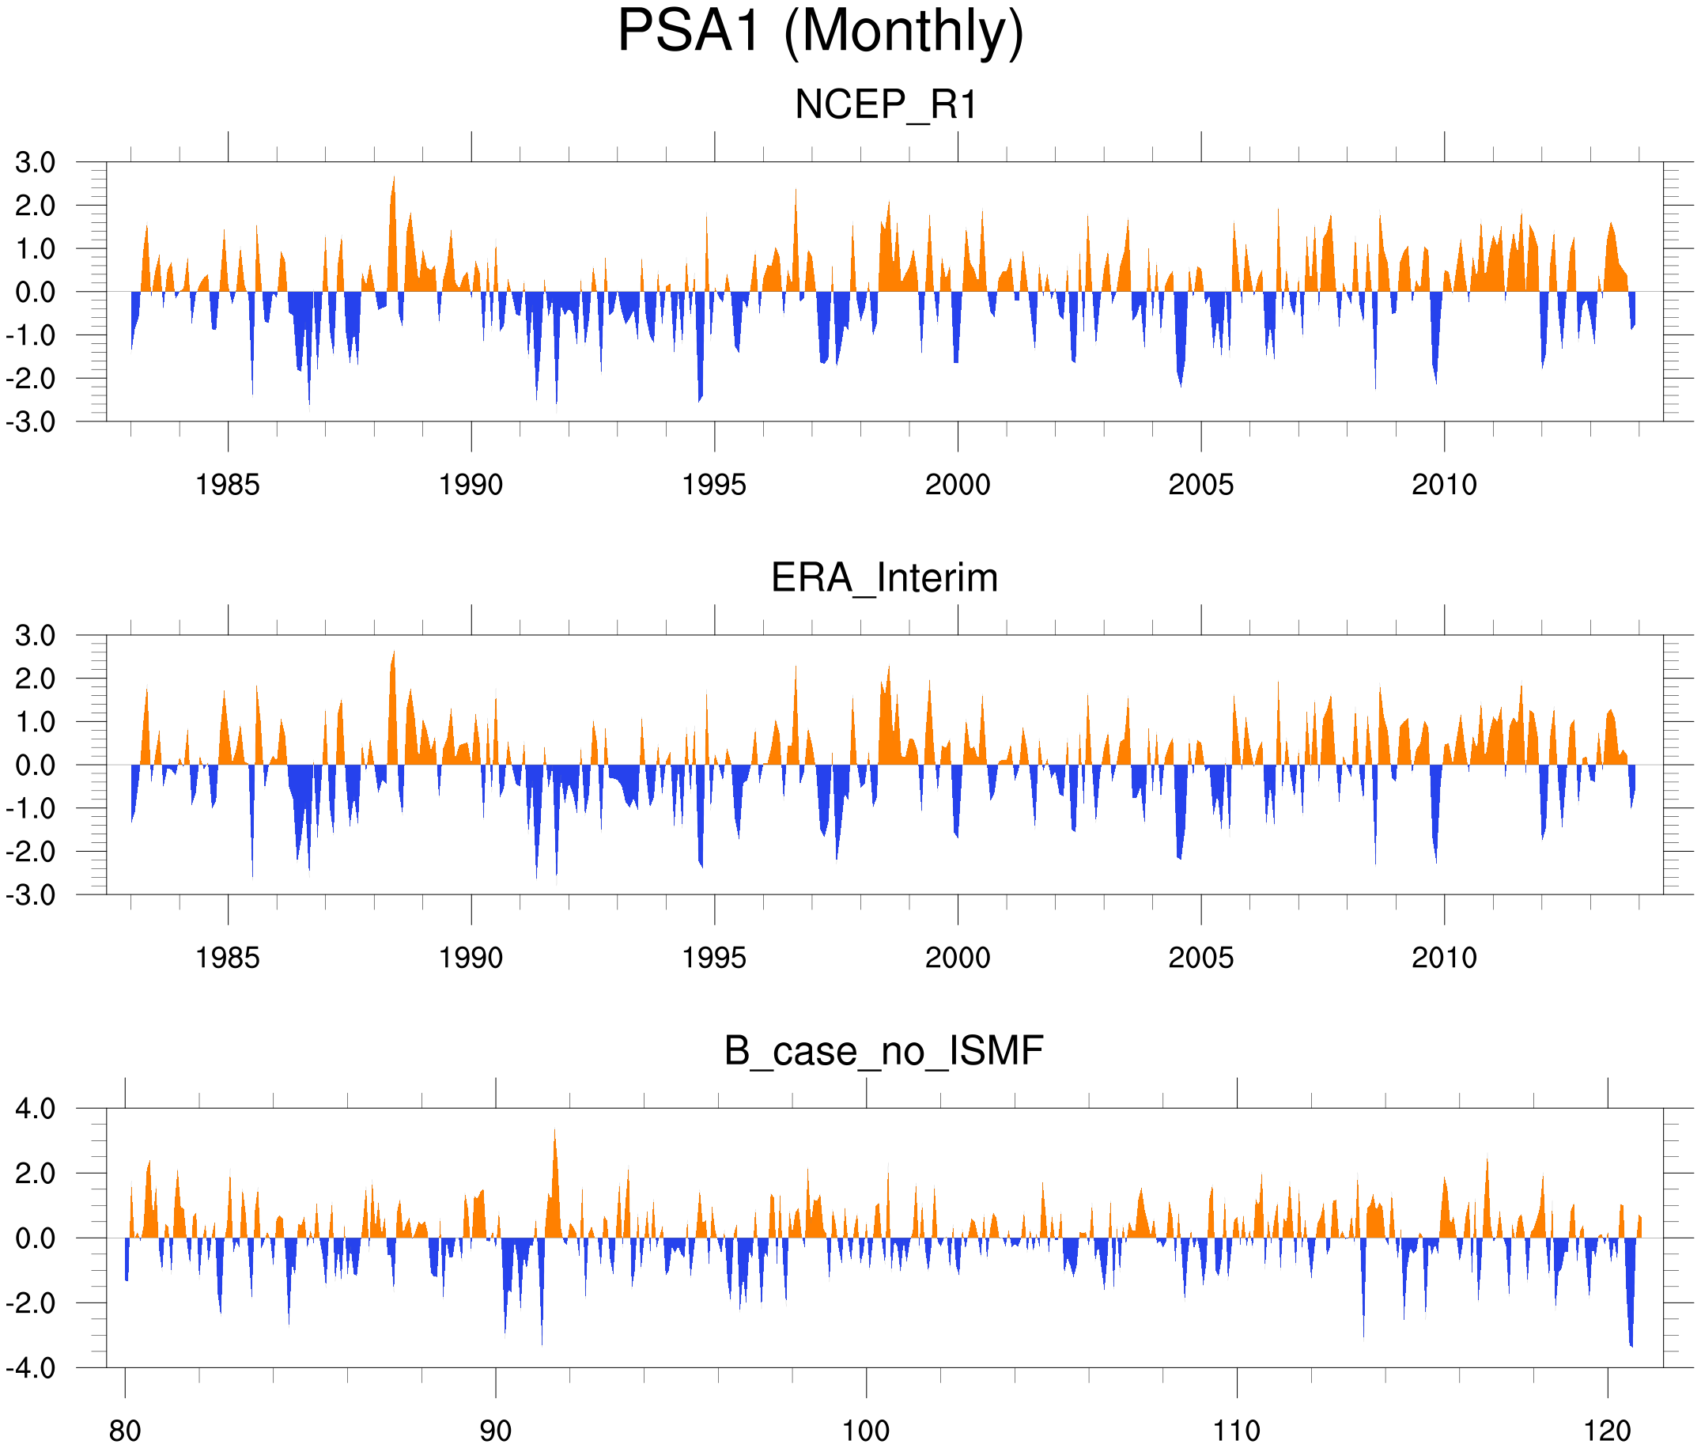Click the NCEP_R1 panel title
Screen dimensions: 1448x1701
point(886,105)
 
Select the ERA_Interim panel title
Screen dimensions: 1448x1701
point(884,578)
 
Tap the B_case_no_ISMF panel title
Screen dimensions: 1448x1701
point(883,1051)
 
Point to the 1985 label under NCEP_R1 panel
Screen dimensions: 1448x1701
point(228,485)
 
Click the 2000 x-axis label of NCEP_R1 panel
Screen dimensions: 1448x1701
point(957,485)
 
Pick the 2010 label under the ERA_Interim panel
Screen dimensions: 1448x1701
point(1444,958)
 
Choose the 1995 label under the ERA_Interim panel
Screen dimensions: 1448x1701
point(714,958)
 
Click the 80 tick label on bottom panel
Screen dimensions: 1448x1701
point(125,1431)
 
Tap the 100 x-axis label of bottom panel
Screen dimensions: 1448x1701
point(866,1431)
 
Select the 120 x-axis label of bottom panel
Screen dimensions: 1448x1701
point(1608,1431)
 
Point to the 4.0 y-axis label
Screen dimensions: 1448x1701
point(36,1110)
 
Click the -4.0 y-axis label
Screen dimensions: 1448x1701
point(31,1368)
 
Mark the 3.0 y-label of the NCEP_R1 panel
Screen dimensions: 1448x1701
point(36,163)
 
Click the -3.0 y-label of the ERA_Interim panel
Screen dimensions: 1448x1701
point(31,895)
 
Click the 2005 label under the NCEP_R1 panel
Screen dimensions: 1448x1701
point(1200,485)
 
